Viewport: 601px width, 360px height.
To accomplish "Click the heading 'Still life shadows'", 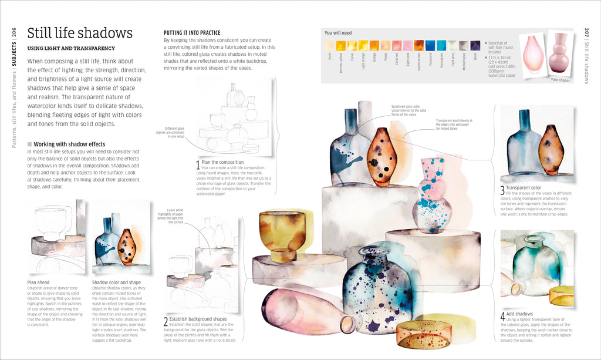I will point(80,33).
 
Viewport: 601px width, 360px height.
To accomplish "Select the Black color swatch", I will point(475,45).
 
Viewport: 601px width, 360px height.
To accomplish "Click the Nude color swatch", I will point(329,45).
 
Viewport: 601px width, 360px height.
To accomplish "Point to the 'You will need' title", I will point(338,33).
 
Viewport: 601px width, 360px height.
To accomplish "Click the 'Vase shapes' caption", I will point(559,80).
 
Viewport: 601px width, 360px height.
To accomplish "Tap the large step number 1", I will point(198,166).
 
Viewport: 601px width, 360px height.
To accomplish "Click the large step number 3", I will point(502,190).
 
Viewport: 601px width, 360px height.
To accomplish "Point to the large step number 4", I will point(502,316).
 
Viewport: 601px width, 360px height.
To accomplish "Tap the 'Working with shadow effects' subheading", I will point(69,144).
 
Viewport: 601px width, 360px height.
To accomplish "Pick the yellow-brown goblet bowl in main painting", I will point(282,231).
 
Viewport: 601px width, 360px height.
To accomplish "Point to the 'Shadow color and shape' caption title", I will point(116,282).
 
